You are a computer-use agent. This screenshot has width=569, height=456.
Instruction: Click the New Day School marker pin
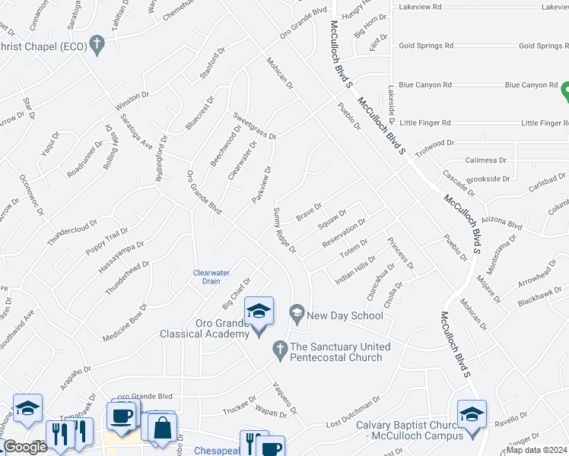click(x=297, y=313)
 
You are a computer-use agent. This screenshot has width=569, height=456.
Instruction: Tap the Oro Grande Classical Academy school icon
click(x=259, y=312)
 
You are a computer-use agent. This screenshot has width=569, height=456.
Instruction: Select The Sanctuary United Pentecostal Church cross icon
click(x=279, y=349)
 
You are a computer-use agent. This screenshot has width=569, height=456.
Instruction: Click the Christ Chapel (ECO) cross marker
click(x=96, y=45)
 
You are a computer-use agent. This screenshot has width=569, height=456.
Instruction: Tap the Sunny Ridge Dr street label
click(x=283, y=231)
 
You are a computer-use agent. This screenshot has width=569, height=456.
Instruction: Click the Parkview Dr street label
click(x=262, y=185)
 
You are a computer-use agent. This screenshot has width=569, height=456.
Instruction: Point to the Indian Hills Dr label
click(x=356, y=271)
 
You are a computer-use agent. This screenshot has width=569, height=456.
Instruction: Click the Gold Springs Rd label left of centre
click(x=426, y=46)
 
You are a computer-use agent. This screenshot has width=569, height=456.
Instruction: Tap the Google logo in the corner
click(x=25, y=448)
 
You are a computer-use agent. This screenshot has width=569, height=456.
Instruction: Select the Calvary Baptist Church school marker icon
click(x=472, y=414)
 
